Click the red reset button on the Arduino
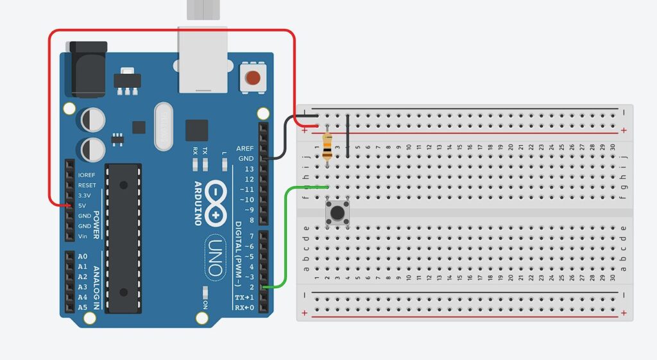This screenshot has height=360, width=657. [253, 78]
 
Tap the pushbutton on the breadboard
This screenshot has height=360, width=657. [336, 212]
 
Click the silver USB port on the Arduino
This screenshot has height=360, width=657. [203, 61]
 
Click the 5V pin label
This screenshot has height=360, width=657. [82, 205]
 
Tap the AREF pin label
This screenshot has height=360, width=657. [245, 148]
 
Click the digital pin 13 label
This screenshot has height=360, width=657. [248, 169]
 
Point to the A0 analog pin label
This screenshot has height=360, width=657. [82, 256]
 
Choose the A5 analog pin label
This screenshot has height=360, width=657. [82, 307]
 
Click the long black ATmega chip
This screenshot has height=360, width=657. [123, 237]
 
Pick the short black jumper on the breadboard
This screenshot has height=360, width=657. [347, 135]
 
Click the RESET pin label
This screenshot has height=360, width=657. [87, 185]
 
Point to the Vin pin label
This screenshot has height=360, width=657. [82, 236]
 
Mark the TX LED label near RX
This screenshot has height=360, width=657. [205, 151]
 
